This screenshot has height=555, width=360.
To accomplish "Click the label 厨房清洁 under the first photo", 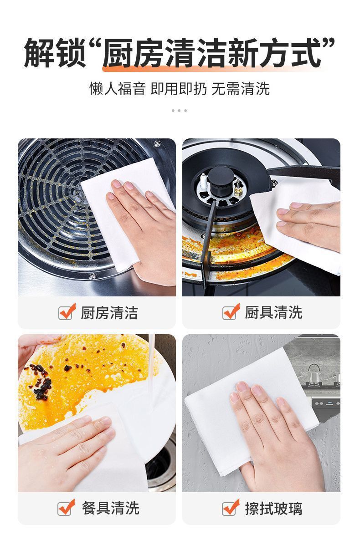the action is (x=109, y=313).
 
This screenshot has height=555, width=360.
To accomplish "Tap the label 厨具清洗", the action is (x=273, y=312).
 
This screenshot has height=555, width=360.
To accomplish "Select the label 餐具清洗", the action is (x=110, y=508).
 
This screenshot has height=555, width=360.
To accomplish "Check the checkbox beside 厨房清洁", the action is (x=66, y=312).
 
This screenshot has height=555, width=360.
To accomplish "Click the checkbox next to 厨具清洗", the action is (x=230, y=312).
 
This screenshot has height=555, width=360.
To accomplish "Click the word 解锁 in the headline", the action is (x=55, y=53).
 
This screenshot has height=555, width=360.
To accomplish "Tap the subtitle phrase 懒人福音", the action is (x=117, y=88).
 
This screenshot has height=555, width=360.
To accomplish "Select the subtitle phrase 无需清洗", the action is (x=241, y=88).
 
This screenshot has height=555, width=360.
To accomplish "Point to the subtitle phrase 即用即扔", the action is (x=179, y=88).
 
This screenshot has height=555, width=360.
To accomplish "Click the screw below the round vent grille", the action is (x=92, y=276).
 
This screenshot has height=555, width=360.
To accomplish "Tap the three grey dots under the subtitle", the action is (x=179, y=111).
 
